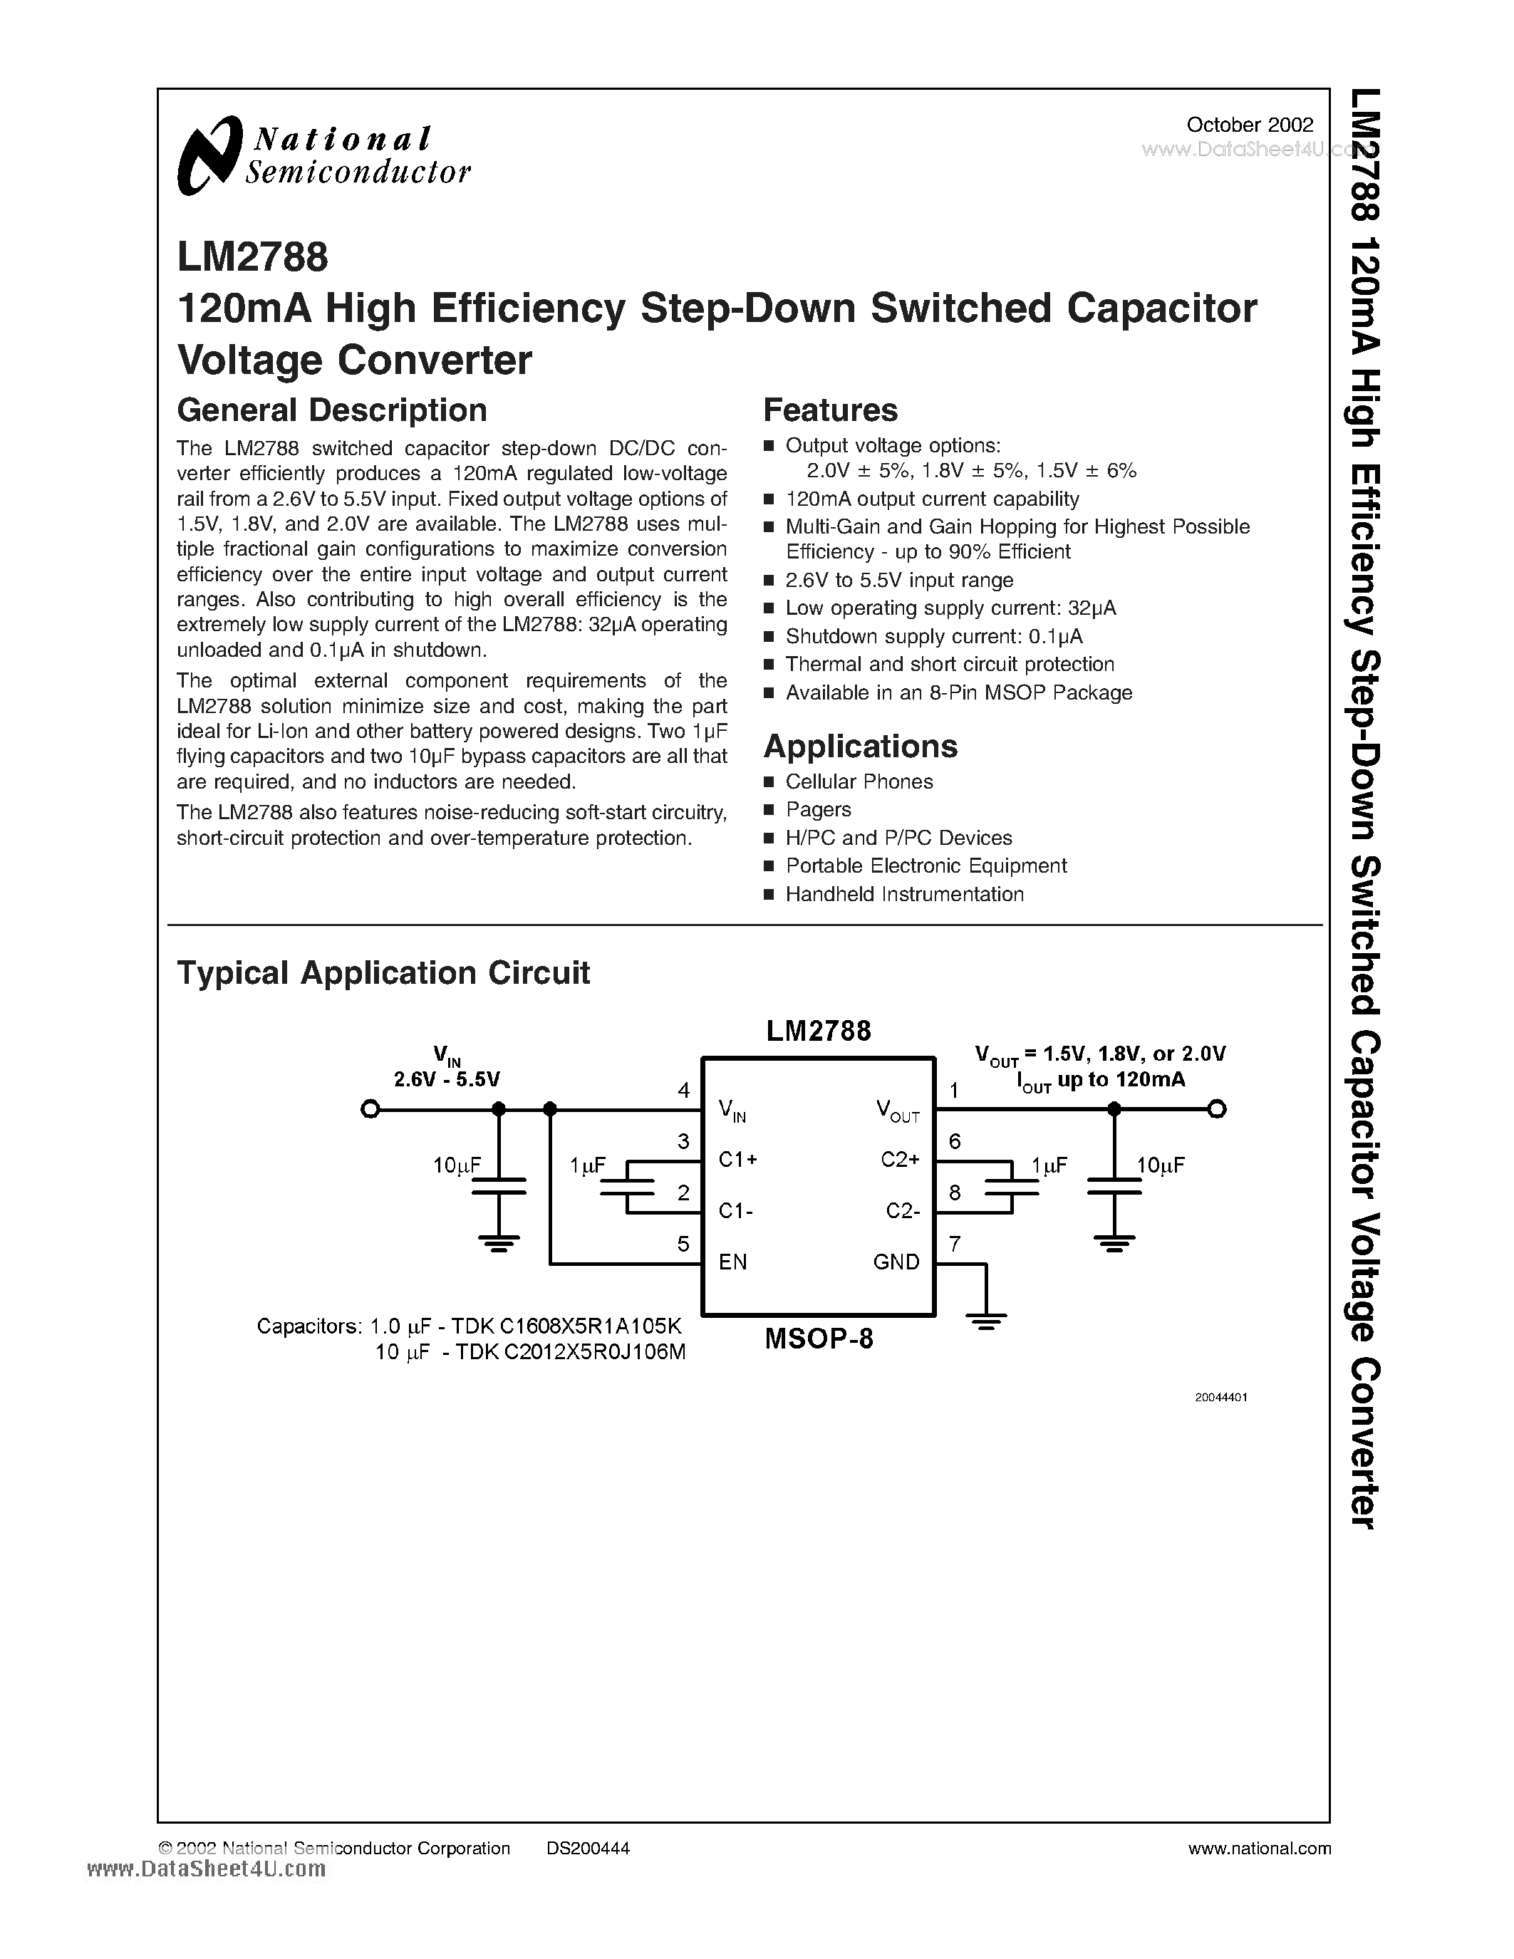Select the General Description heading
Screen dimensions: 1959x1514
tap(332, 410)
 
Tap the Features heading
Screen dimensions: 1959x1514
tap(829, 410)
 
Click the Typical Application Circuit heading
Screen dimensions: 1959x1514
tap(383, 973)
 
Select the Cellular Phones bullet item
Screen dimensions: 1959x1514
tap(859, 781)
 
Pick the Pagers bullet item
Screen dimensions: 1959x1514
tap(818, 809)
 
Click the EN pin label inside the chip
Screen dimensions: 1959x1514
tap(733, 1262)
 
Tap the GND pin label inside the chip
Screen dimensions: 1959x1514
tap(896, 1262)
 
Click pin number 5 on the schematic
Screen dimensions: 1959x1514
tap(683, 1244)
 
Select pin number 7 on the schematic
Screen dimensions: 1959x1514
tap(954, 1244)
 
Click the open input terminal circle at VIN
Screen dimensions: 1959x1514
tap(368, 1110)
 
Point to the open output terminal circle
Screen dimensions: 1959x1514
tap(1216, 1110)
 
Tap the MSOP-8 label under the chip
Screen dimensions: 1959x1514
tap(818, 1339)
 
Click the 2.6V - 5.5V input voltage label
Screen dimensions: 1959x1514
tap(447, 1079)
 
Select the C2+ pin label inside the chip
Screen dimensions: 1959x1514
tap(900, 1160)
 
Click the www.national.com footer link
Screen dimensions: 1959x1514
tap(1258, 1848)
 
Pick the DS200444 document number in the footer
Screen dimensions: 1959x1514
tap(588, 1848)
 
